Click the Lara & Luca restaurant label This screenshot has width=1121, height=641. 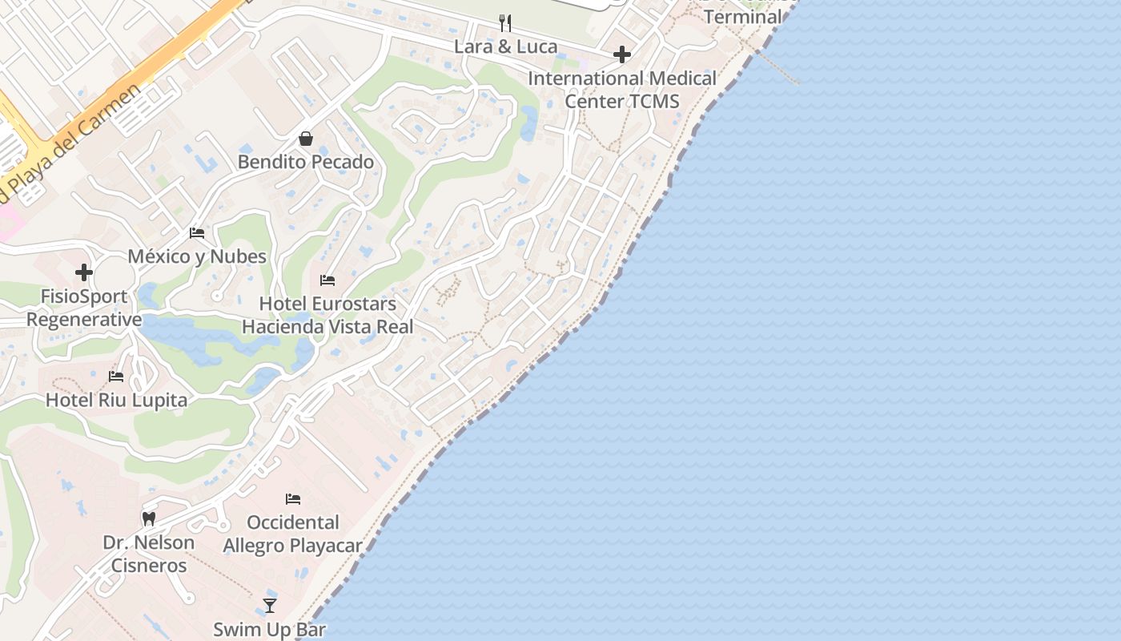point(505,46)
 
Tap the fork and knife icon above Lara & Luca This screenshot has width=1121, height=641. point(505,22)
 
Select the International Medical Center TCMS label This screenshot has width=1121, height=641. point(622,90)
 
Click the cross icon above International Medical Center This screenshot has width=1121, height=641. point(622,54)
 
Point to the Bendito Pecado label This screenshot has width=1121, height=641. point(306,162)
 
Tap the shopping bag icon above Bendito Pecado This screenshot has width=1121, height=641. point(306,139)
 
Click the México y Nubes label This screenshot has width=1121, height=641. point(197,256)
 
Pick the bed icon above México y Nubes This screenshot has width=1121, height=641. point(197,233)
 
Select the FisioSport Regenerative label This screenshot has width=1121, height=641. point(84,308)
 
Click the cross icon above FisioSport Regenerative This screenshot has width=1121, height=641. point(84,272)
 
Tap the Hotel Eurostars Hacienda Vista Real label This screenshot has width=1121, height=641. point(327,316)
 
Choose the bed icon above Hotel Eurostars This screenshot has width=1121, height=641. point(327,280)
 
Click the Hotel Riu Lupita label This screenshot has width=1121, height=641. point(116,400)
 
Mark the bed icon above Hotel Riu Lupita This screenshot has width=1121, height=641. point(116,377)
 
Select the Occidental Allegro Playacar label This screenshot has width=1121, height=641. point(293,534)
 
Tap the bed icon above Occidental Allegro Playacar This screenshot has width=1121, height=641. point(293,499)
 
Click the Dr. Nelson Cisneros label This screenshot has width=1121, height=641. point(149,554)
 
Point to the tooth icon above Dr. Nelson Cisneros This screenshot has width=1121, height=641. point(149,519)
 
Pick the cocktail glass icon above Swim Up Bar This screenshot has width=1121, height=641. point(270,606)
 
